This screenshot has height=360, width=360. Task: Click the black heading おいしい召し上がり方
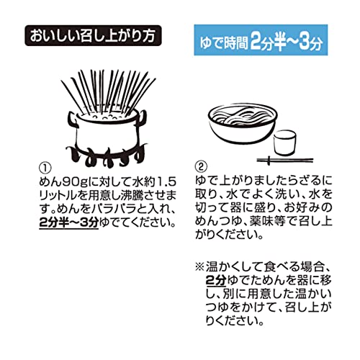point(93,35)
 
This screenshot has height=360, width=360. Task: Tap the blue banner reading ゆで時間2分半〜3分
point(261,40)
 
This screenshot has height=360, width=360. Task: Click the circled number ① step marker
point(45,167)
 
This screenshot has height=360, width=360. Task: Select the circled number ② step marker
point(201,166)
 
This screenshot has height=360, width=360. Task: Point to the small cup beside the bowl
point(285,143)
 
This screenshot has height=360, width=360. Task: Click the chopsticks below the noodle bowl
point(285,161)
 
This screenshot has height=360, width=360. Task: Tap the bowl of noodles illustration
point(243,124)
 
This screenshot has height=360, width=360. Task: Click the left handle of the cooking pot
point(73,120)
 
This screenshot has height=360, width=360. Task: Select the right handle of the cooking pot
point(143,117)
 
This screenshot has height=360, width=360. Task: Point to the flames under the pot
point(107,156)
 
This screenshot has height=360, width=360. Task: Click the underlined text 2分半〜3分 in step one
point(69,223)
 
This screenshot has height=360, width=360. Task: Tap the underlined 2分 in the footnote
point(216,280)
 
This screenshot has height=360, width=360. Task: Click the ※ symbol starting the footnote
point(199,267)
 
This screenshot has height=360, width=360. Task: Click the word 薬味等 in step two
point(267,221)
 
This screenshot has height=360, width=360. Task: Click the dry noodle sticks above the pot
point(108,92)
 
